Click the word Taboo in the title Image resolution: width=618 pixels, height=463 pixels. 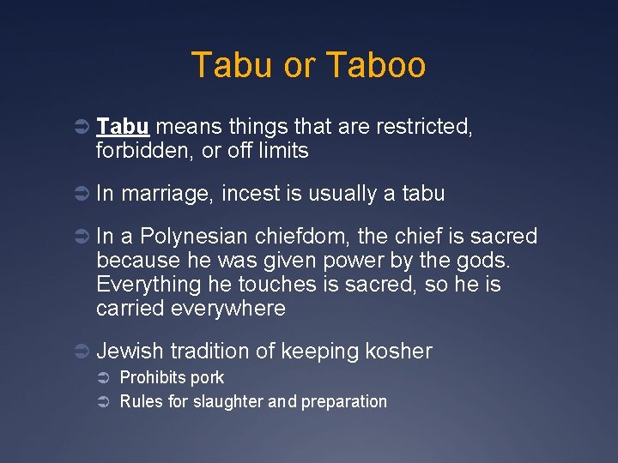point(377,66)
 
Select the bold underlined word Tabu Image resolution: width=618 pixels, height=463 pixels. point(124,127)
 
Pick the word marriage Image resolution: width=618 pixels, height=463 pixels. point(167,195)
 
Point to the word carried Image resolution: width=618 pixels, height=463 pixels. point(130,309)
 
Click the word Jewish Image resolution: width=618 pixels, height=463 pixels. point(130,351)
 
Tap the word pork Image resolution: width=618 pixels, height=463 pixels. point(208,378)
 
